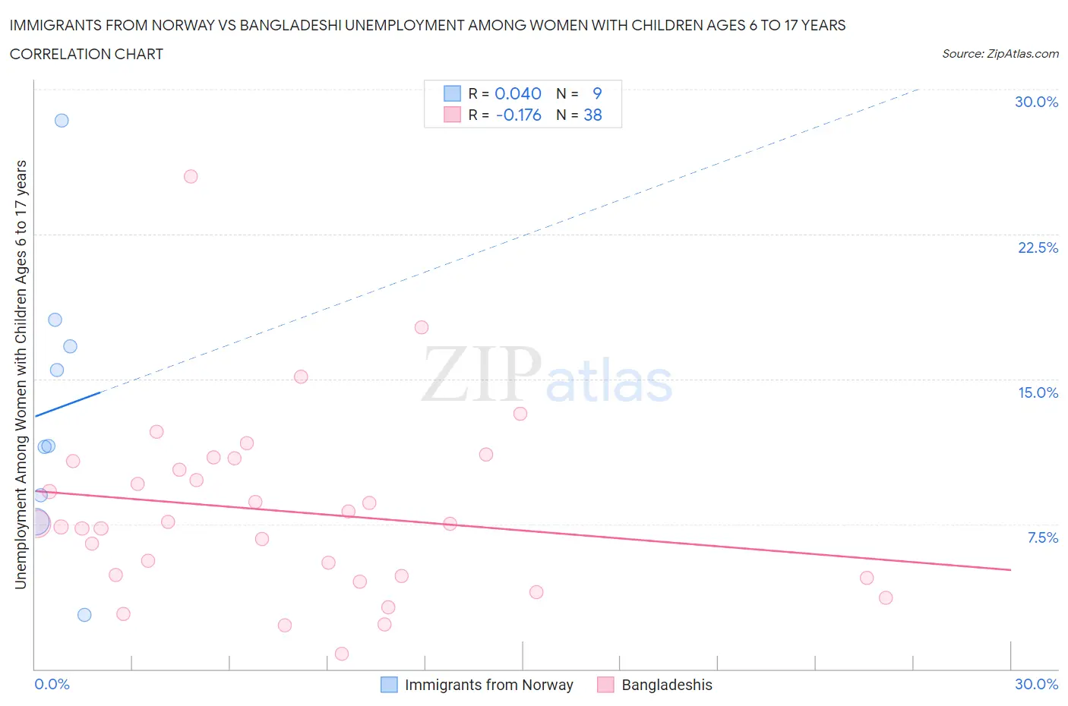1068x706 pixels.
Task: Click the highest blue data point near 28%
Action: click(x=62, y=121)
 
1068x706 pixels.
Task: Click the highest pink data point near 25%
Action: click(x=191, y=177)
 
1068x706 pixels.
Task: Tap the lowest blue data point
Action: click(x=84, y=615)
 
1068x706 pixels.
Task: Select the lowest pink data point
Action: click(x=342, y=654)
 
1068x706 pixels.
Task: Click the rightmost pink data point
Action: click(x=886, y=597)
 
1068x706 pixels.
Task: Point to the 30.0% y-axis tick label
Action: click(x=1036, y=102)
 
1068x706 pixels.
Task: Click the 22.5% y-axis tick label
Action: click(x=1038, y=247)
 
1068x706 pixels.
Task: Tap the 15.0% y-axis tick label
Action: click(x=1038, y=392)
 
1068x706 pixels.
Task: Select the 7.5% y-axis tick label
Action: click(x=1042, y=537)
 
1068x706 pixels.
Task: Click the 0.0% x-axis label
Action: click(x=52, y=684)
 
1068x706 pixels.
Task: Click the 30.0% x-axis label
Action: click(x=1036, y=684)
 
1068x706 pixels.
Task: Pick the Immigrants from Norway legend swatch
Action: click(x=389, y=685)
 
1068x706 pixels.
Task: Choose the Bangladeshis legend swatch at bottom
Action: click(x=605, y=685)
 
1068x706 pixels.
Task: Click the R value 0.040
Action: click(x=518, y=93)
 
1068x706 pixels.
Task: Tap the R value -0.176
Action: click(x=518, y=115)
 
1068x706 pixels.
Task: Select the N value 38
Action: click(x=592, y=115)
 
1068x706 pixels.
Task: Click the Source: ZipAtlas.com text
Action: click(x=1000, y=54)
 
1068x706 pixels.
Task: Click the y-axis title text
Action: click(x=21, y=374)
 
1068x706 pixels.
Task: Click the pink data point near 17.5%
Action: click(x=422, y=327)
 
